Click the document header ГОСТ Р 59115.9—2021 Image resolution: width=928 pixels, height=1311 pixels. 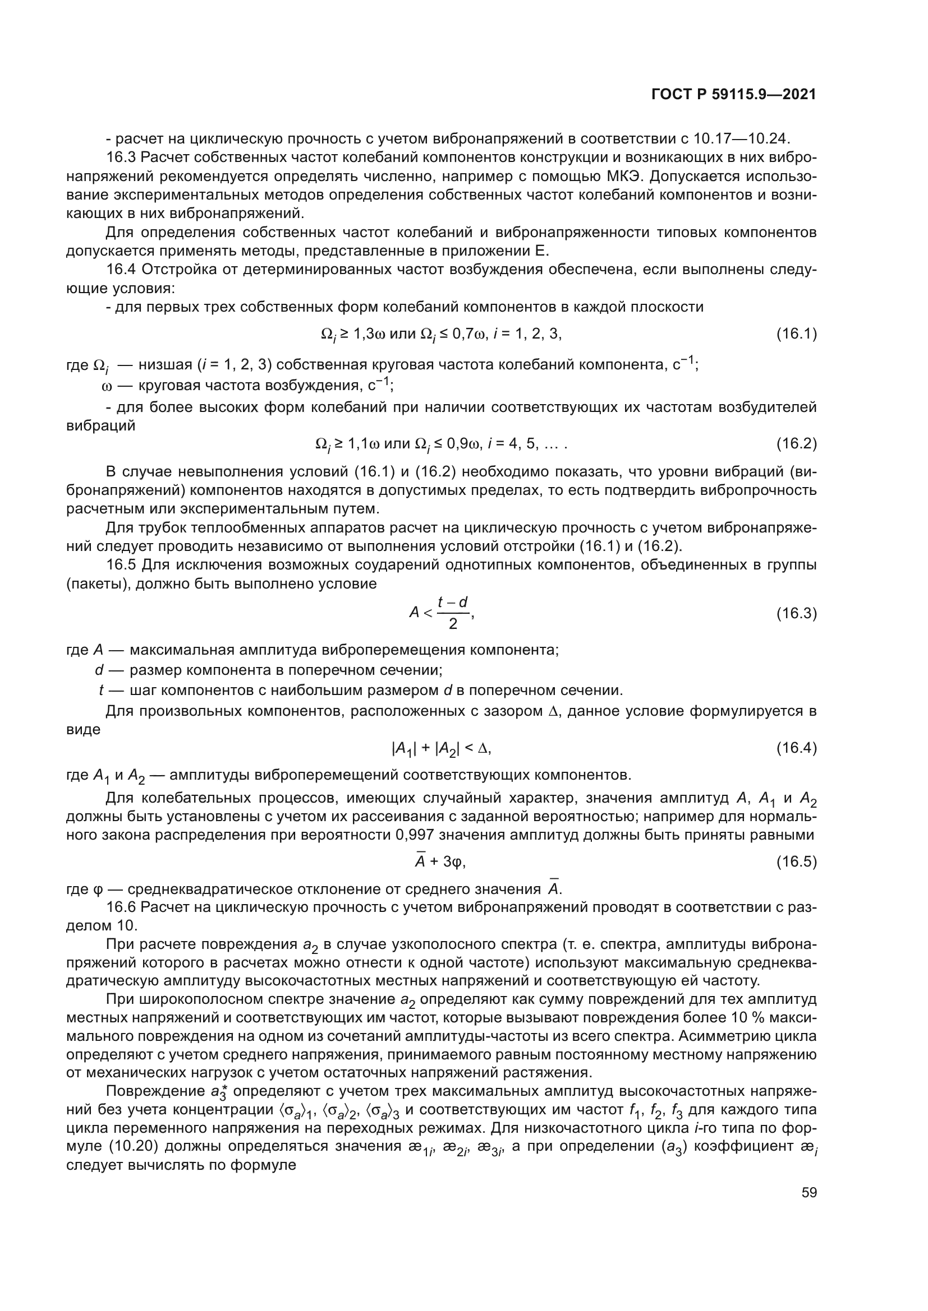pos(734,95)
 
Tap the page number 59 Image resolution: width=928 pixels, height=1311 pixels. pos(809,1192)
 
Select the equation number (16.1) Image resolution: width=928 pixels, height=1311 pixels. pos(796,334)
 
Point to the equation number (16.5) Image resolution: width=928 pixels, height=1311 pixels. pos(796,861)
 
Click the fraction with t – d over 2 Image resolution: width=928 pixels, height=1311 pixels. pos(453,613)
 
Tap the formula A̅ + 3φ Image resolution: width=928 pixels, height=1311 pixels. pos(440,861)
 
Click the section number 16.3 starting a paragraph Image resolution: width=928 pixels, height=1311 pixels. pos(121,157)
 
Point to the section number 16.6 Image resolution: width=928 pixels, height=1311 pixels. pos(121,907)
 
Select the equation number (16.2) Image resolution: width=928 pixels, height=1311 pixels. pos(796,444)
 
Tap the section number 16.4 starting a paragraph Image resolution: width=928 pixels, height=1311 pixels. pos(121,270)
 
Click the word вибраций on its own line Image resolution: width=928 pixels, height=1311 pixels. pos(100,426)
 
